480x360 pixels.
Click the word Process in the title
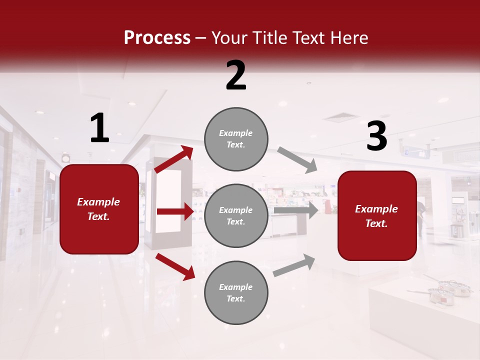[x=157, y=38]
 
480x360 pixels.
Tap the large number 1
[x=99, y=128]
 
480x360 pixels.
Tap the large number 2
[x=236, y=75]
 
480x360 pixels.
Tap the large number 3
[x=376, y=136]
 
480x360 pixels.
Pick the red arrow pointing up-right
[x=174, y=159]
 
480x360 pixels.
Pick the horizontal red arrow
[x=175, y=211]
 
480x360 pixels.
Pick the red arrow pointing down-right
[x=175, y=266]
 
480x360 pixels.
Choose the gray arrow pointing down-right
[x=297, y=160]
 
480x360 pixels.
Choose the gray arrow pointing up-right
[x=294, y=265]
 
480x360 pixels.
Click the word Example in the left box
[x=98, y=202]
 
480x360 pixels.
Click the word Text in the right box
[x=376, y=223]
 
